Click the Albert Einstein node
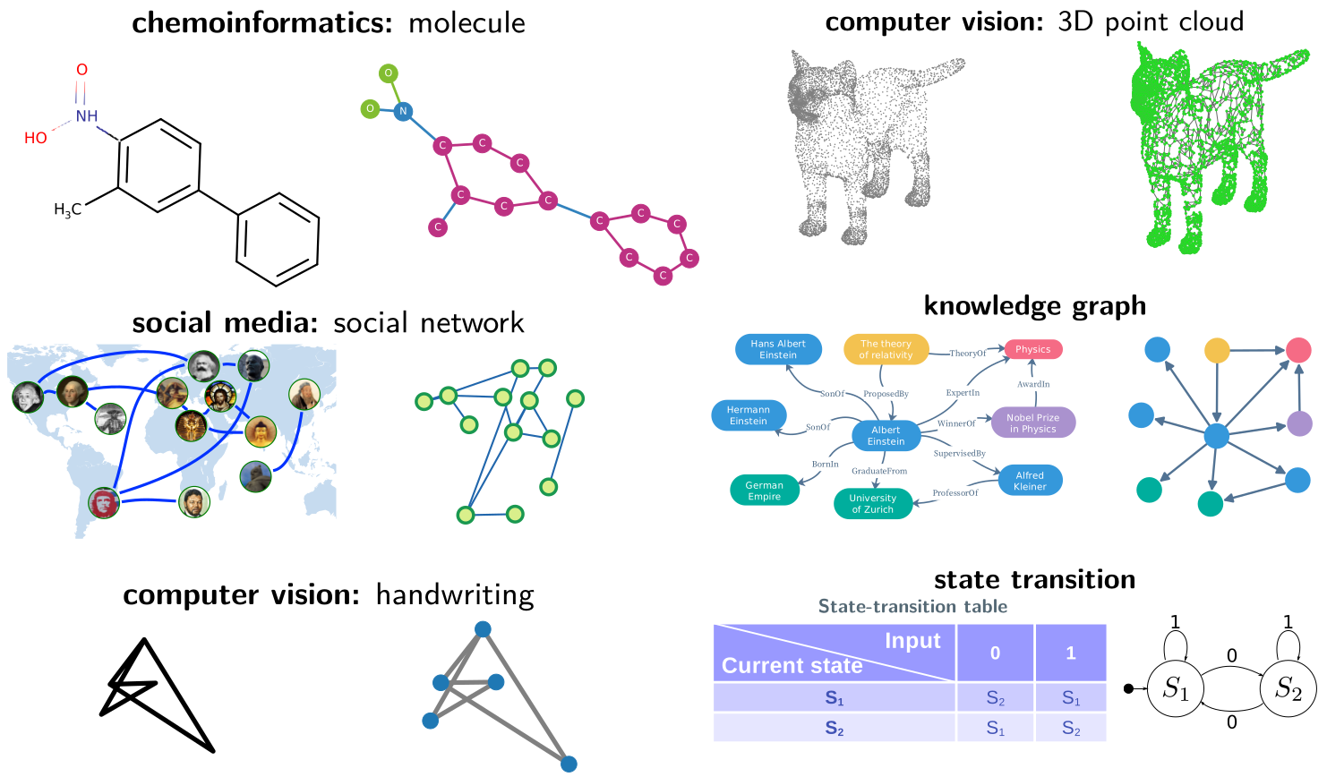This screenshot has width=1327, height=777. click(x=886, y=436)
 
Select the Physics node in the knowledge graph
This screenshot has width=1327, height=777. click(x=1032, y=349)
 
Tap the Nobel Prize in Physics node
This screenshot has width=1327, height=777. click(x=1032, y=423)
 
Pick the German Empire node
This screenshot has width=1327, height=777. click(x=765, y=491)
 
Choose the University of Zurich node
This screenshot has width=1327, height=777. click(x=872, y=504)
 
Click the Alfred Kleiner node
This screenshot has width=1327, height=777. click(x=1030, y=481)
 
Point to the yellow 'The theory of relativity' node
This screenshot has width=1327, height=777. click(x=886, y=349)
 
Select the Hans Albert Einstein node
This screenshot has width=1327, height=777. click(x=777, y=349)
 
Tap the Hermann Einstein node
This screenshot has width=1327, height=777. click(x=749, y=415)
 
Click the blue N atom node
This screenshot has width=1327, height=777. click(x=403, y=111)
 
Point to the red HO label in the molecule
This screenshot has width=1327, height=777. click(x=36, y=138)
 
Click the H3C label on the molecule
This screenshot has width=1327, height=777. click(x=67, y=210)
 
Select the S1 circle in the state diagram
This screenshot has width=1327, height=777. click(x=1176, y=688)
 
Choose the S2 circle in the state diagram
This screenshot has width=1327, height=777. click(x=1288, y=688)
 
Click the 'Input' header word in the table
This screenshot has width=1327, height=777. click(x=912, y=641)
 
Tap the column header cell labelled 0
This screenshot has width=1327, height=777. click(x=995, y=653)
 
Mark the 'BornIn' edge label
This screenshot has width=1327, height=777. click(x=825, y=465)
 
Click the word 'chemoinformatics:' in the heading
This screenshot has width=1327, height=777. click(x=262, y=23)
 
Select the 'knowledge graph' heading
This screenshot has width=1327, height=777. click(x=1034, y=306)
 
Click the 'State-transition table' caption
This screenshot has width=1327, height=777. click(x=912, y=607)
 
